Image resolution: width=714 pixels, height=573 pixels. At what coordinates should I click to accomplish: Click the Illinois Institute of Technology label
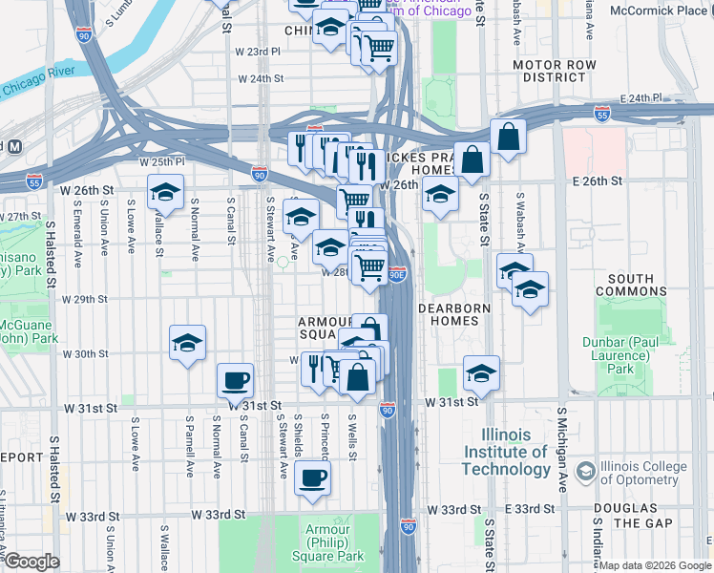point(505,452)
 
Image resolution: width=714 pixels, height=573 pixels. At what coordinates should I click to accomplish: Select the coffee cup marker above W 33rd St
point(312,477)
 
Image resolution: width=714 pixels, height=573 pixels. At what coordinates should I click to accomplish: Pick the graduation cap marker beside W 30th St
point(188,343)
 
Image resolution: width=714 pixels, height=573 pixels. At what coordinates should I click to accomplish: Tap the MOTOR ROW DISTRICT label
point(554,71)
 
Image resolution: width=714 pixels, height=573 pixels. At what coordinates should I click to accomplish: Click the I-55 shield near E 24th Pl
point(601,112)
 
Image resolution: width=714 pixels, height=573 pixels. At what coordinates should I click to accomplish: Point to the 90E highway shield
point(399,274)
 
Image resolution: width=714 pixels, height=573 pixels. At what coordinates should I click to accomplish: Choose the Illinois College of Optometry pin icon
point(583,473)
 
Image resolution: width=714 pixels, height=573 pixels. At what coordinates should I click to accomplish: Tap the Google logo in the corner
point(31,562)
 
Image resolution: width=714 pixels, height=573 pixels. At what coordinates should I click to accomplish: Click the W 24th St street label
point(261,78)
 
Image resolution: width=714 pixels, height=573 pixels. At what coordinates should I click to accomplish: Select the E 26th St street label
point(597,180)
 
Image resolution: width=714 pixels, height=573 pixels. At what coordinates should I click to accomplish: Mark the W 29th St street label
point(85,299)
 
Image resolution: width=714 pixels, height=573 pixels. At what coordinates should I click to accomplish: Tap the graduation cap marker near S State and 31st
point(482,373)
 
